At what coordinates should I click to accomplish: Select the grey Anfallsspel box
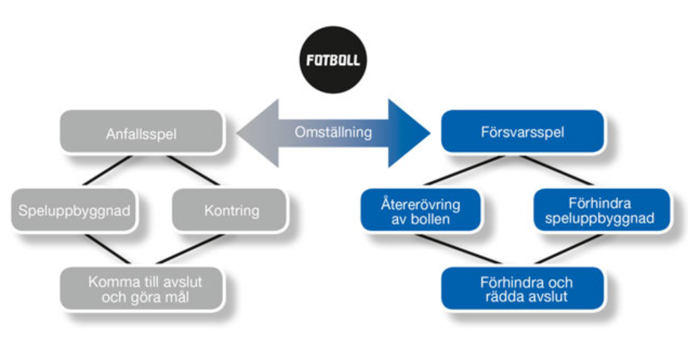pyautogui.click(x=141, y=132)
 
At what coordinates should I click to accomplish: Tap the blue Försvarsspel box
pyautogui.click(x=522, y=132)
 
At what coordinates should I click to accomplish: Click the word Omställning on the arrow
pyautogui.click(x=333, y=132)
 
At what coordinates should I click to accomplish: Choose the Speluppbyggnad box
pyautogui.click(x=74, y=210)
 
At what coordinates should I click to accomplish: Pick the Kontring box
pyautogui.click(x=231, y=210)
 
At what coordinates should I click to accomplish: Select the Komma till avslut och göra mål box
pyautogui.click(x=141, y=289)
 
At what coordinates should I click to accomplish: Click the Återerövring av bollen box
pyautogui.click(x=420, y=210)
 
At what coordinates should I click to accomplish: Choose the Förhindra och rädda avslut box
pyautogui.click(x=522, y=289)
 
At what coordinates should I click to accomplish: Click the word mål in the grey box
pyautogui.click(x=176, y=297)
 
